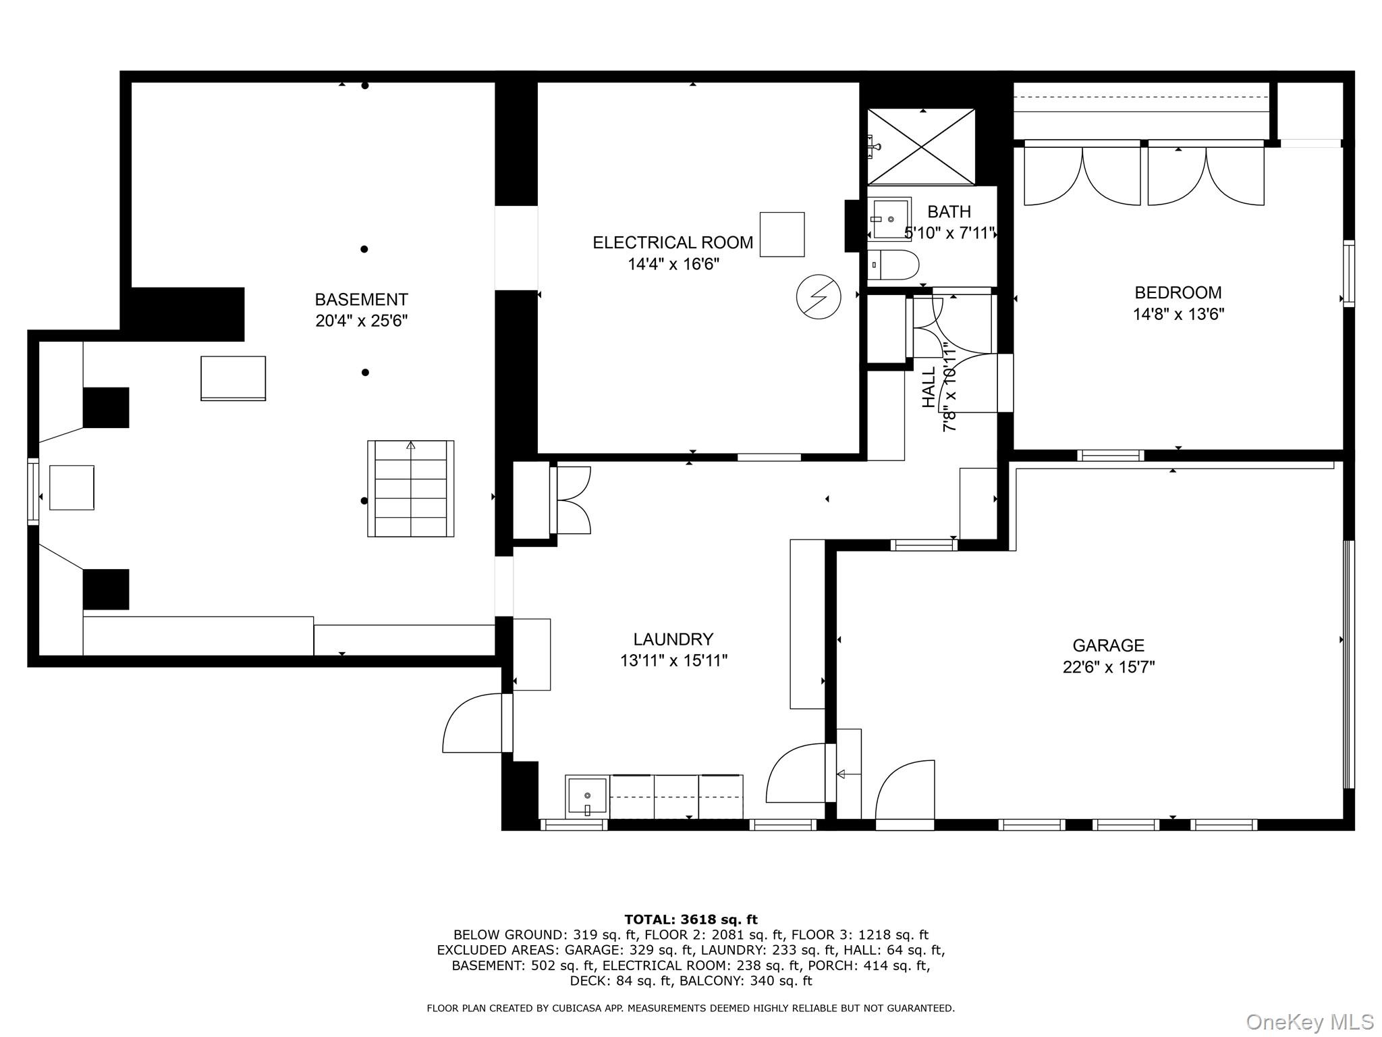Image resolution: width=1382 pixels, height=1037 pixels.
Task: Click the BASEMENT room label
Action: click(361, 299)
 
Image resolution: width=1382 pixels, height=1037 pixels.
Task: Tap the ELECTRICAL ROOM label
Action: click(672, 242)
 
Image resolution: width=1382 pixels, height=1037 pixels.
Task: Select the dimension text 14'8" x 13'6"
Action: click(1178, 314)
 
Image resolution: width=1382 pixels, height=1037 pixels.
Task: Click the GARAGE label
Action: click(1108, 645)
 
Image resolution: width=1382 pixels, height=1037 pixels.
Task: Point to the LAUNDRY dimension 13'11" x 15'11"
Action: click(673, 660)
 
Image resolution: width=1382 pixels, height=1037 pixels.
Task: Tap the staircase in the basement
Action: click(410, 488)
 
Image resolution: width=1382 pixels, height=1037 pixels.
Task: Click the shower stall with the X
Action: click(921, 147)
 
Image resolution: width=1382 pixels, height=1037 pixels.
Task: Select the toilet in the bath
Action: click(892, 265)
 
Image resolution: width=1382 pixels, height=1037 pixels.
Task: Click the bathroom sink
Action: click(889, 219)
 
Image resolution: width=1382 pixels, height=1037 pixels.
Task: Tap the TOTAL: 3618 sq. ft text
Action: click(690, 920)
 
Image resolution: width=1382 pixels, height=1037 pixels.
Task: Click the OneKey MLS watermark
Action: click(1308, 1021)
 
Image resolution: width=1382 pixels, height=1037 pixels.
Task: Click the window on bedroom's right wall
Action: click(1348, 273)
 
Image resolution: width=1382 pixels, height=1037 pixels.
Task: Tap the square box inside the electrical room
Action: click(781, 234)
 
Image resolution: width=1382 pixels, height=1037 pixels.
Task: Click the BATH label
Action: click(948, 212)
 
